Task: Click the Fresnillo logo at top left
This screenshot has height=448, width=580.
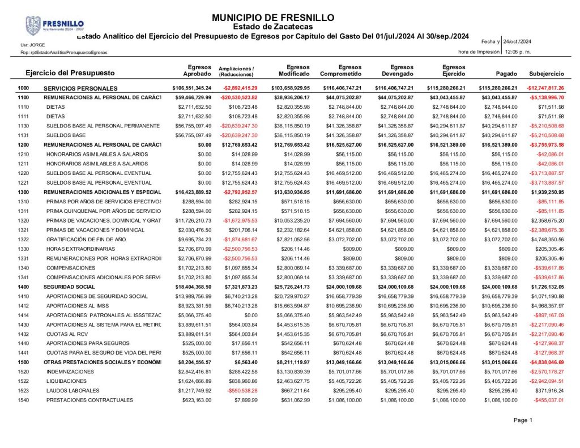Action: pyautogui.click(x=54, y=26)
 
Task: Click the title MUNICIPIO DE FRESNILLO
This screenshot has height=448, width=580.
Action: pyautogui.click(x=273, y=18)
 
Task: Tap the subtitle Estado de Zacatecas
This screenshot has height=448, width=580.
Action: pyautogui.click(x=272, y=27)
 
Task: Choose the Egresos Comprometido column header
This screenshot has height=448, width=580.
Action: pyautogui.click(x=341, y=70)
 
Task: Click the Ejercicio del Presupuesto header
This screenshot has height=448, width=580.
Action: pyautogui.click(x=70, y=73)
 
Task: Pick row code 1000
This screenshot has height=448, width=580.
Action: pyautogui.click(x=23, y=88)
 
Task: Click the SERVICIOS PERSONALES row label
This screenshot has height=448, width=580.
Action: pyautogui.click(x=80, y=88)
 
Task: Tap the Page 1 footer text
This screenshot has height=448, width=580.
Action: pyautogui.click(x=523, y=420)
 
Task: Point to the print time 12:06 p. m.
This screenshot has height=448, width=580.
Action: pyautogui.click(x=517, y=52)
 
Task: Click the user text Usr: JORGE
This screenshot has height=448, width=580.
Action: pyautogui.click(x=33, y=45)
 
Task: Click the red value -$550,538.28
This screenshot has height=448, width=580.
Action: pyautogui.click(x=242, y=391)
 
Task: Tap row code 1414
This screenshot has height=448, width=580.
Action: pyautogui.click(x=23, y=315)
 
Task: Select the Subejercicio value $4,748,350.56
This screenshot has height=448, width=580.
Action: pyautogui.click(x=547, y=239)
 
